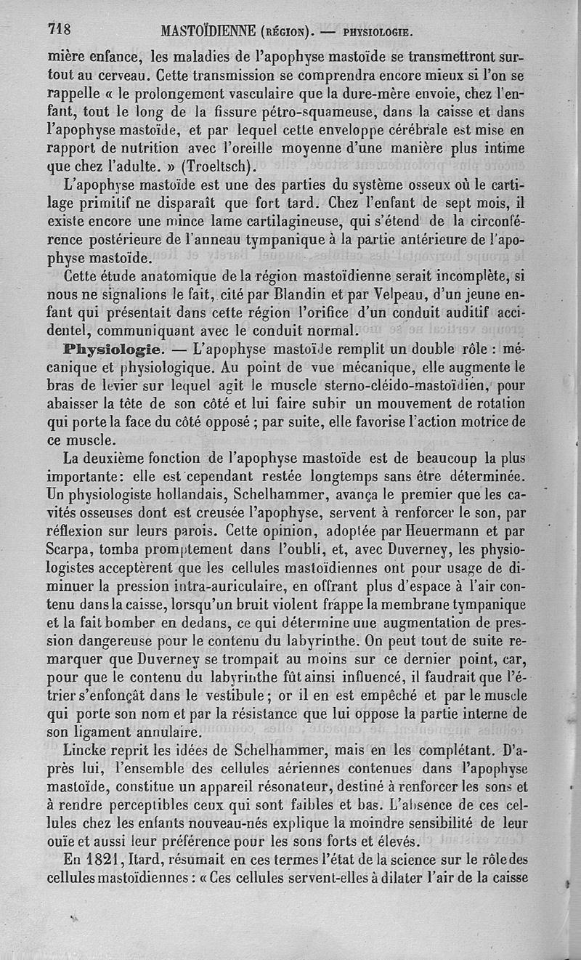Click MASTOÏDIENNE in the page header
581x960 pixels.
208,31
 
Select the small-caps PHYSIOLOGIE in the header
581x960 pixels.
377,32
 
